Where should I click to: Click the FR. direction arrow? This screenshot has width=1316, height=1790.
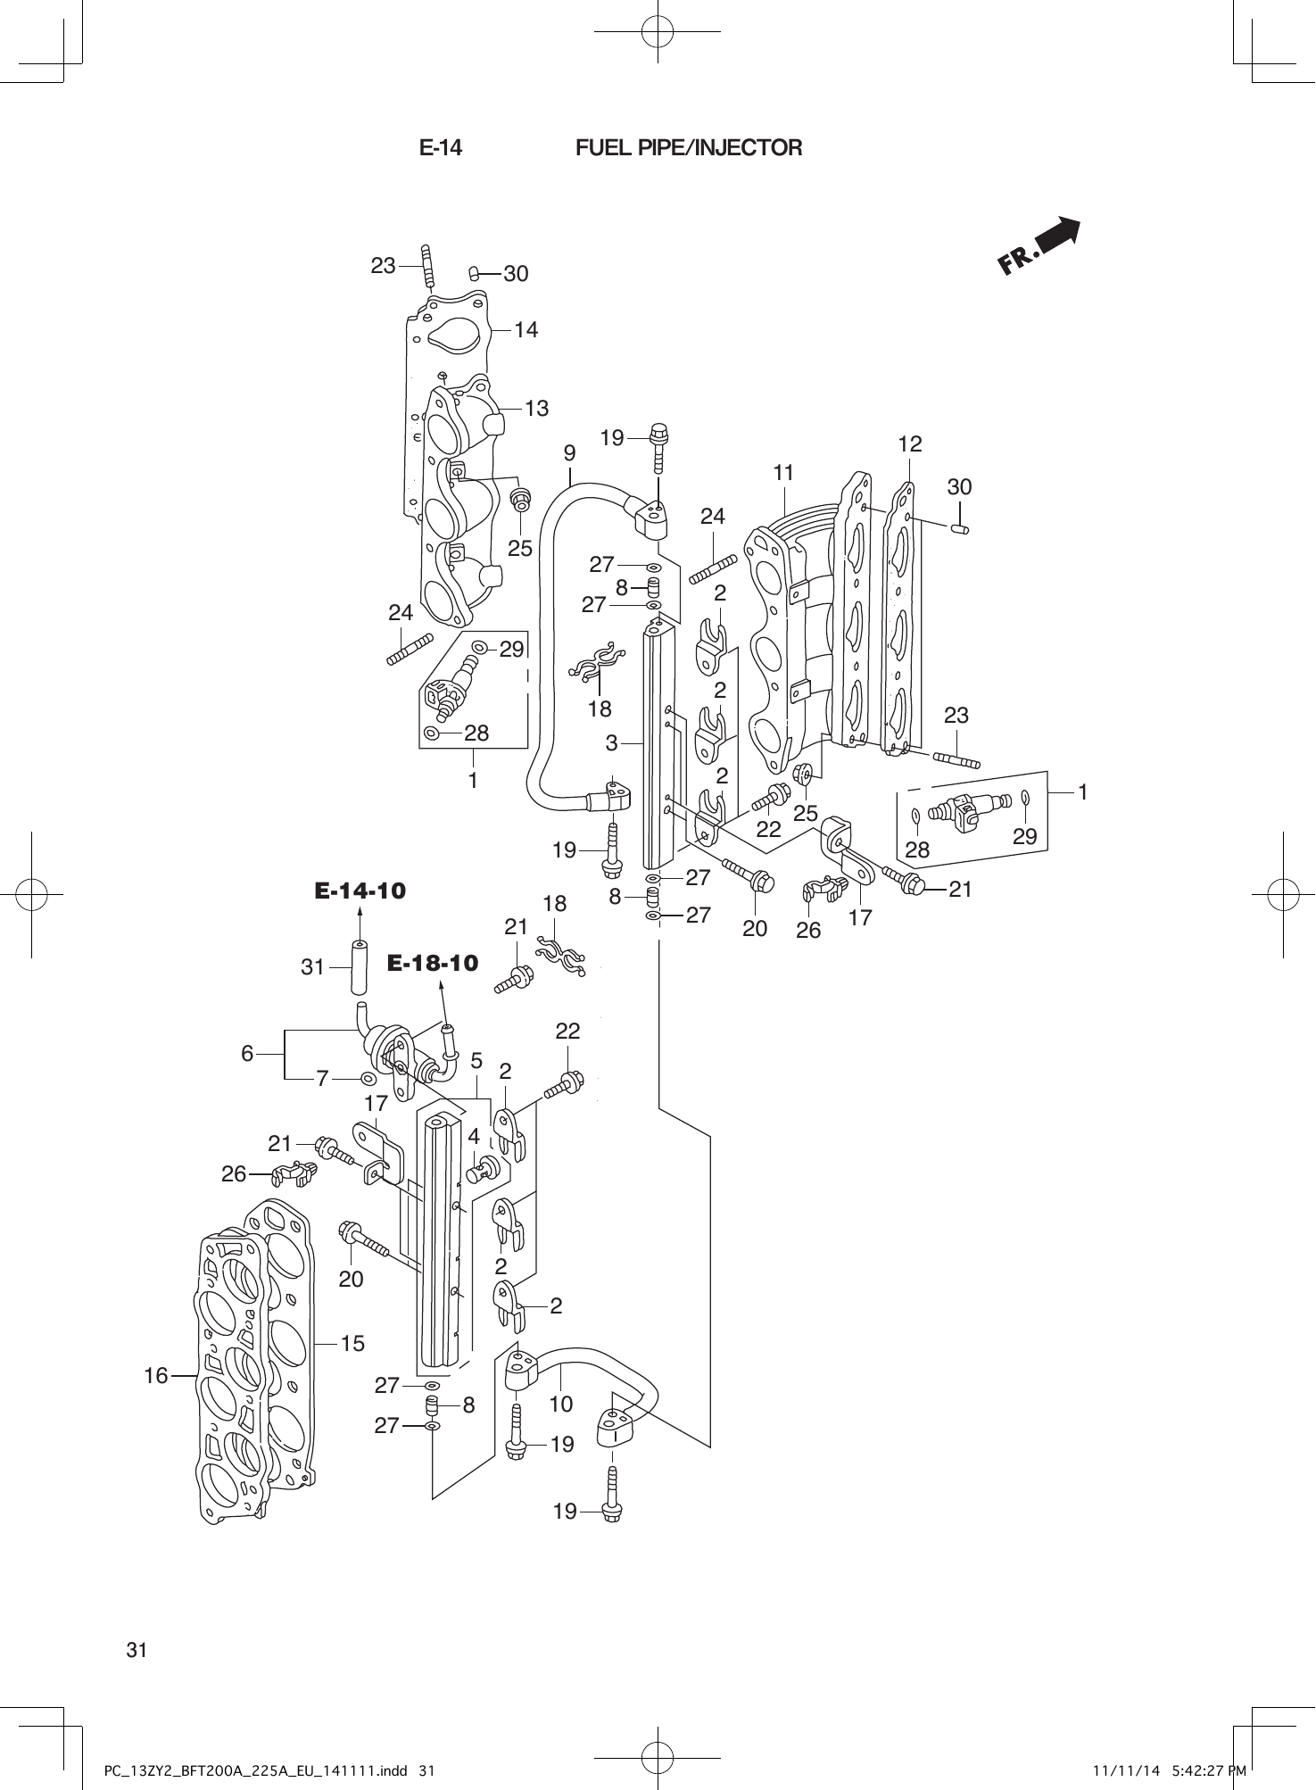pos(1039,245)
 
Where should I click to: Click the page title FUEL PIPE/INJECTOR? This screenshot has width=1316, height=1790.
pos(688,148)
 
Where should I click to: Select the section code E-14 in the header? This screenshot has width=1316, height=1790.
pos(441,148)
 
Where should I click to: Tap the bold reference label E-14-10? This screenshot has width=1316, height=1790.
pos(360,890)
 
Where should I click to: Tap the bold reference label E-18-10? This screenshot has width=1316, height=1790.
pos(433,963)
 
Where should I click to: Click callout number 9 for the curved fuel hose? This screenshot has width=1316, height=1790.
pos(569,453)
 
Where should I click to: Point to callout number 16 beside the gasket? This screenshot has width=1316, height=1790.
pos(156,1376)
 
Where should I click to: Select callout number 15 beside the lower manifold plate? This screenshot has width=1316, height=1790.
pos(352,1343)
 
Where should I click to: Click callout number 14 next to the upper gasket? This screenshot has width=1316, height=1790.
pos(526,330)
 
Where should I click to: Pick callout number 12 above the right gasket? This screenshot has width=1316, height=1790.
pos(909,443)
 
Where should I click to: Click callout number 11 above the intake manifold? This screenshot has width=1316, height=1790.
pos(783,472)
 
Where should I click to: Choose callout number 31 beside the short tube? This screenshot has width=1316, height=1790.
pos(312,966)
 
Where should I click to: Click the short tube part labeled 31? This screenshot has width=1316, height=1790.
pos(359,967)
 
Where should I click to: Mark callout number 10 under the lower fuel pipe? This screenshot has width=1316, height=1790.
pos(559,1404)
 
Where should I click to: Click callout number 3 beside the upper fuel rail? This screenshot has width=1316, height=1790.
pos(611,742)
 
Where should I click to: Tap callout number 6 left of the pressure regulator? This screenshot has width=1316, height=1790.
pos(247,1054)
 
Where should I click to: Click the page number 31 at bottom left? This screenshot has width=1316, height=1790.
pos(137,1650)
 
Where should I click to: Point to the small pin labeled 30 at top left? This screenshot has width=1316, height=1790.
pos(476,271)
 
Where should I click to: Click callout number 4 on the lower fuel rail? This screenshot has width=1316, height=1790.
pos(474,1137)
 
